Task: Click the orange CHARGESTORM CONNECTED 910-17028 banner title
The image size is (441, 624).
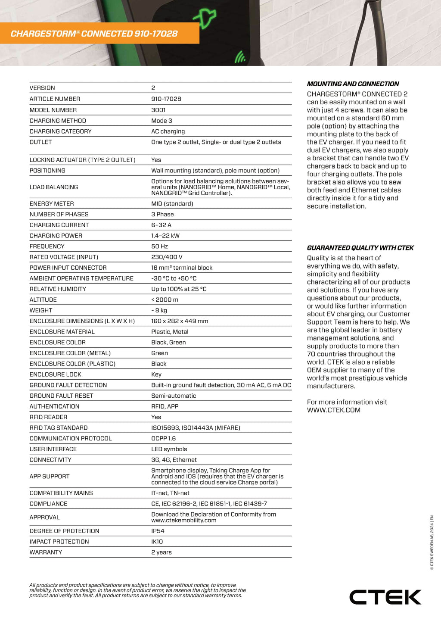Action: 94,34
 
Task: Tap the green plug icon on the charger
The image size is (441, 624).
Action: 205,19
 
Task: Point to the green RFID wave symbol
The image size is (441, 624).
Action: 240,57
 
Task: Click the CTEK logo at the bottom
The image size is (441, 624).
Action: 385,597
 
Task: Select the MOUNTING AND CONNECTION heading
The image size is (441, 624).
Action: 353,84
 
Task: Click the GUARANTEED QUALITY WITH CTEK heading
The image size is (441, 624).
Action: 360,248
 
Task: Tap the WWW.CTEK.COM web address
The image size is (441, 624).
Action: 333,410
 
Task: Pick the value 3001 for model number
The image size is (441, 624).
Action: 158,110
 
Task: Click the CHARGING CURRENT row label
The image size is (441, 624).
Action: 59,225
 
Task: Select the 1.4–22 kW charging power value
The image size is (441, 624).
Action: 165,236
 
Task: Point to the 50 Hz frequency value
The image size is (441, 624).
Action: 159,246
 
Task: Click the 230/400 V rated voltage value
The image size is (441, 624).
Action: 167,257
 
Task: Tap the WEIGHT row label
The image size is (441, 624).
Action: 41,310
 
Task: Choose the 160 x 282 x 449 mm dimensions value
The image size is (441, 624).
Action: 180,321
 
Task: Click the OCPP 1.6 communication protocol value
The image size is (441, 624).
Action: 163,438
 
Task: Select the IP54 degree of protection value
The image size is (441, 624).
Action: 157,531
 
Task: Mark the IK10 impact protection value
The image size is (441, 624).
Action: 157,542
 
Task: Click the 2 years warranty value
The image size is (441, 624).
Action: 161,552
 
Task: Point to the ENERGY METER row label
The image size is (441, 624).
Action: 52,204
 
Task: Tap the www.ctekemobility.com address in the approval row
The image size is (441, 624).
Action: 183,521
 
